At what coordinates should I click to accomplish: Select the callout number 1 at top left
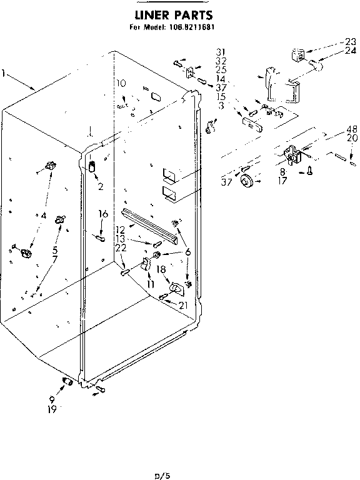click(x=4, y=74)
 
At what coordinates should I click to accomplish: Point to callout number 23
click(x=351, y=42)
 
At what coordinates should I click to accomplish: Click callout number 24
click(x=351, y=51)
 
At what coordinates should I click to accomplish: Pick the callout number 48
click(x=352, y=129)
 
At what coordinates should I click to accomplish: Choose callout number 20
click(x=352, y=138)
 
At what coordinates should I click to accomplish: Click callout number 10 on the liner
click(x=121, y=82)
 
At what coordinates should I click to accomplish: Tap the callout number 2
click(x=99, y=186)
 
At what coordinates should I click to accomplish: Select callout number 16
click(x=103, y=214)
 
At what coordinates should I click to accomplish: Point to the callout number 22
click(x=121, y=247)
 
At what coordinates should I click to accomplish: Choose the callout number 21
click(x=182, y=305)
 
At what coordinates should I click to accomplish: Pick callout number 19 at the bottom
click(x=52, y=409)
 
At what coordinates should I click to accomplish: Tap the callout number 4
click(x=44, y=216)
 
